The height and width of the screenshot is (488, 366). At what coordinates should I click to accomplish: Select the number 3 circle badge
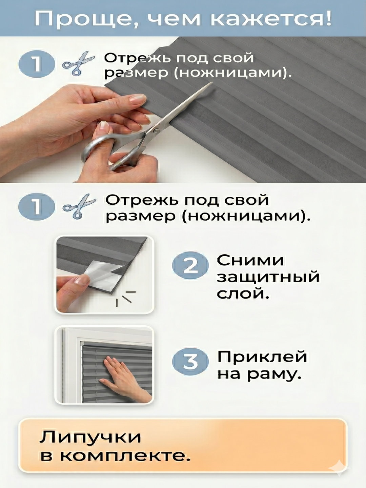pos(190,362)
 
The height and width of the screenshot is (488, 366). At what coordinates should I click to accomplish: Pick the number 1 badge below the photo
pos(37,206)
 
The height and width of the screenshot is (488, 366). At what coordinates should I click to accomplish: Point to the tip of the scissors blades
pos(212,83)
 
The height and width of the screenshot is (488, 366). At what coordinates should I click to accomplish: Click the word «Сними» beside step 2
pos(250,260)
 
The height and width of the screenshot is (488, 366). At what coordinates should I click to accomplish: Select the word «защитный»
pos(268,278)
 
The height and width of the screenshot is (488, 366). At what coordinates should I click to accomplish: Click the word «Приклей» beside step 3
pos(262,357)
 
